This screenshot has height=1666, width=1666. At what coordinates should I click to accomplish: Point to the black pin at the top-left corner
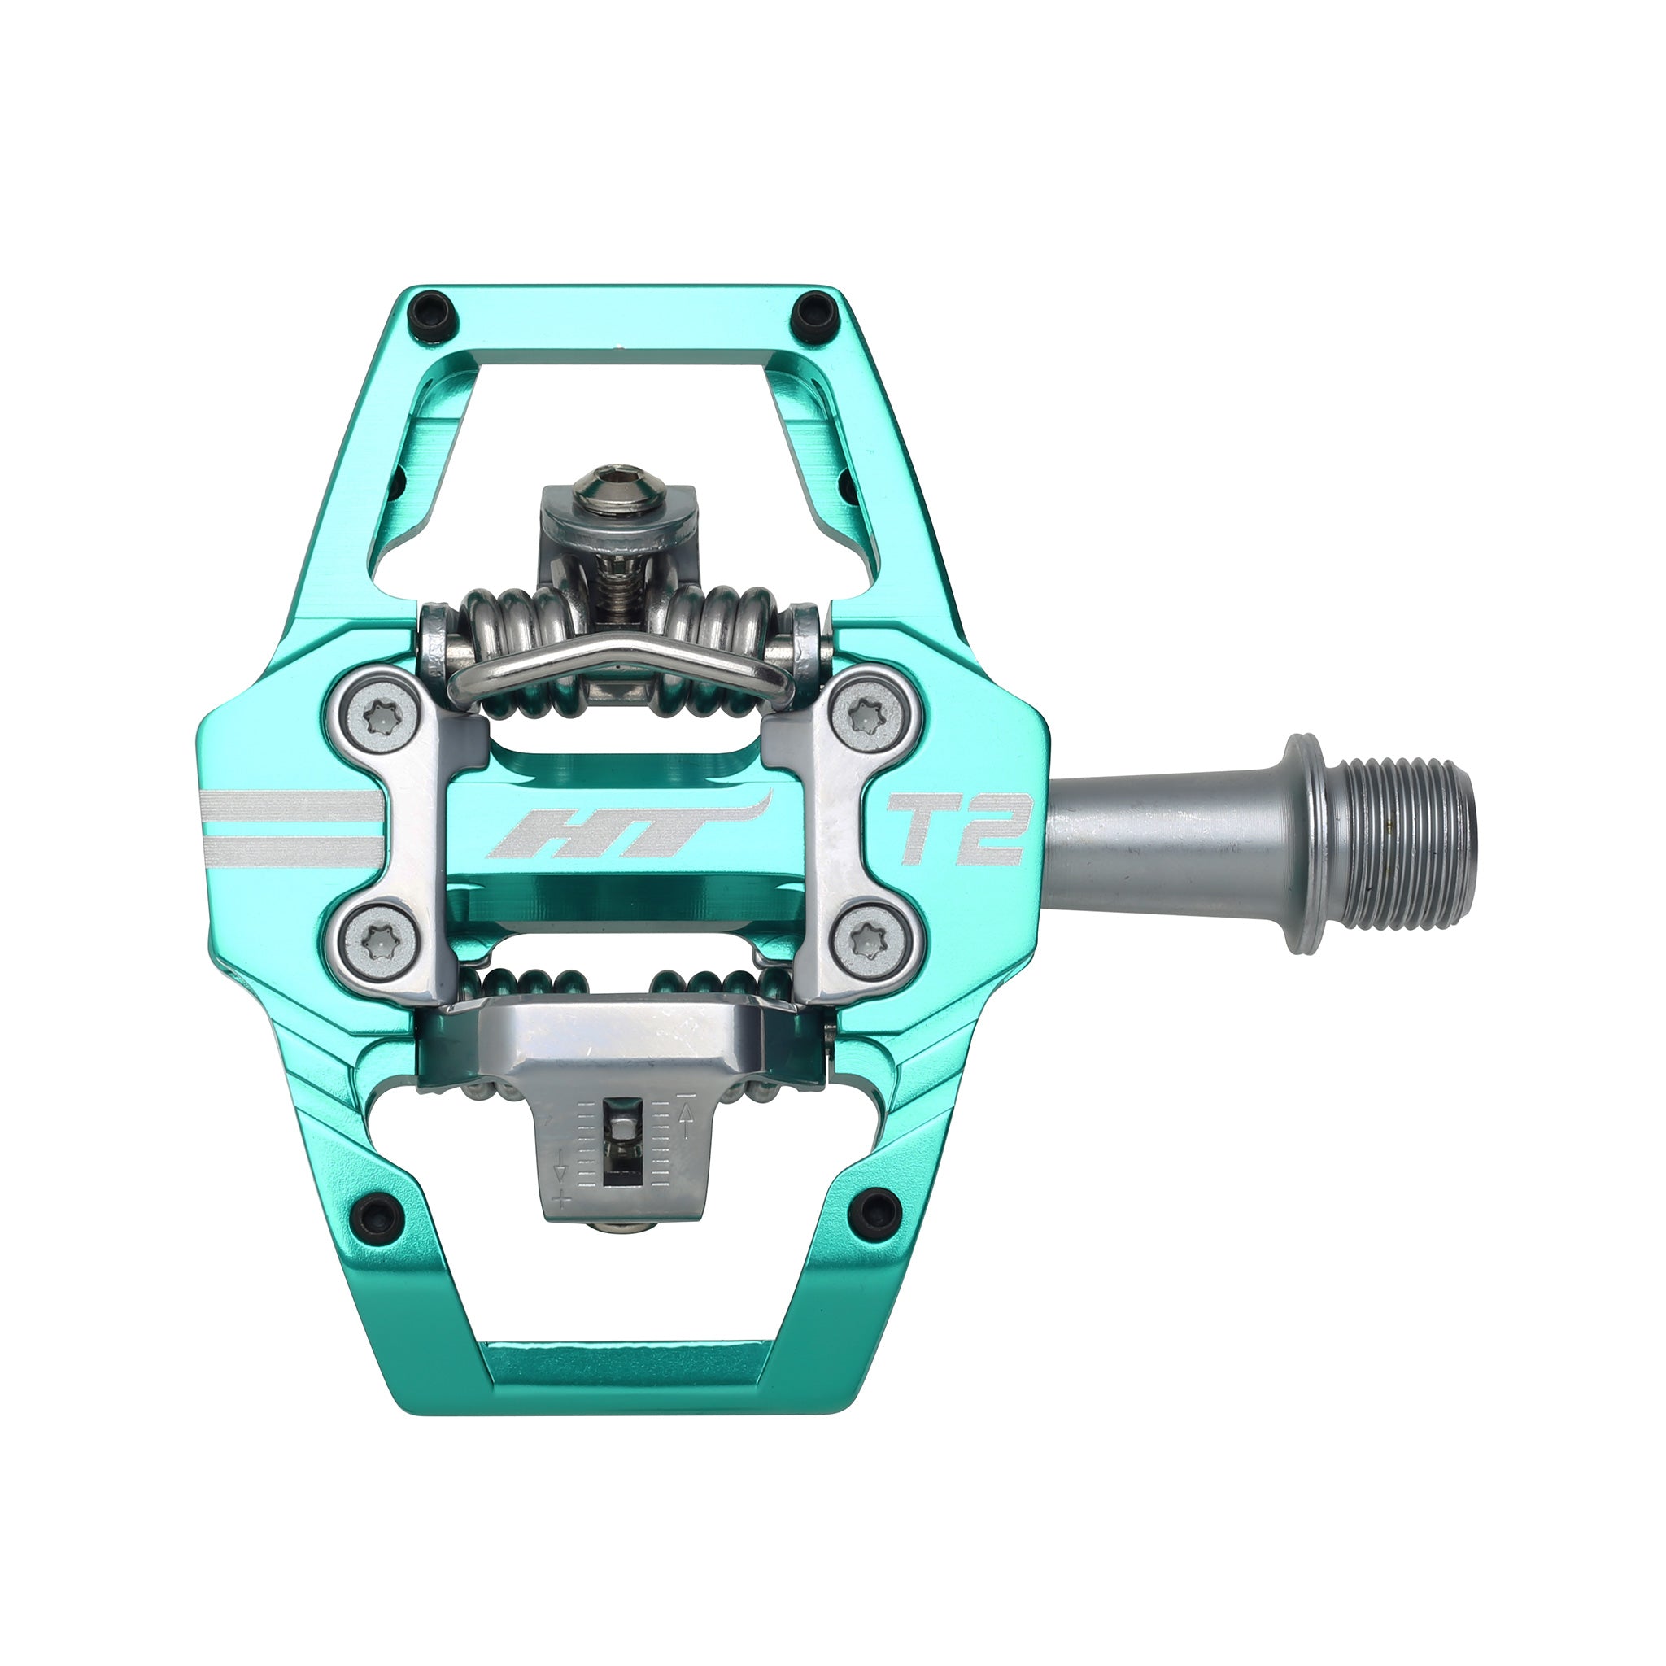tap(432, 307)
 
